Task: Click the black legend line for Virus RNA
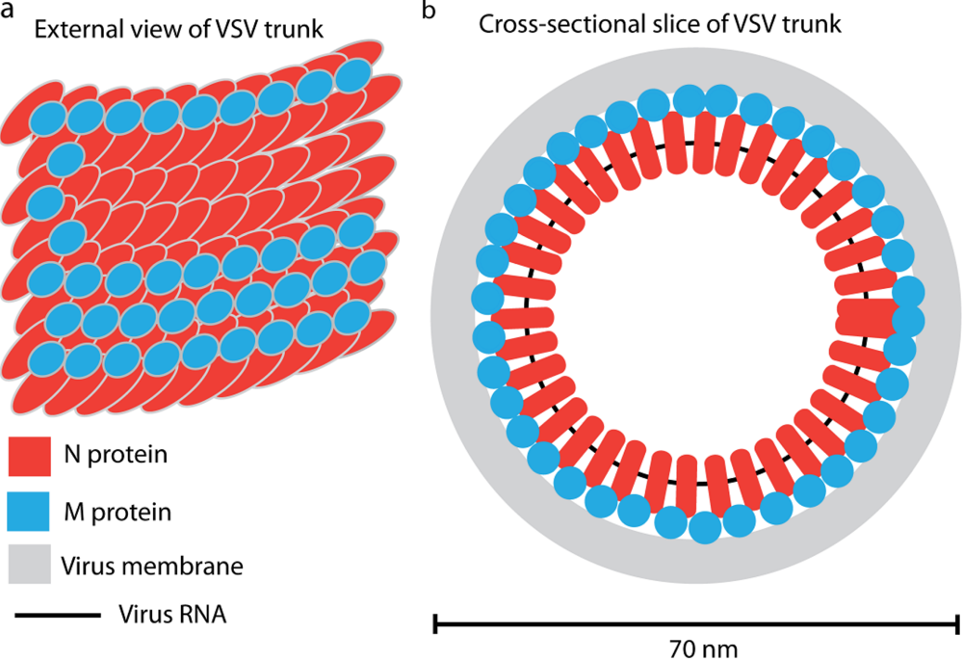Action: (x=55, y=614)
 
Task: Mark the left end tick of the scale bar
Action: (x=436, y=623)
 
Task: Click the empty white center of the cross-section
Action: (x=695, y=313)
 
